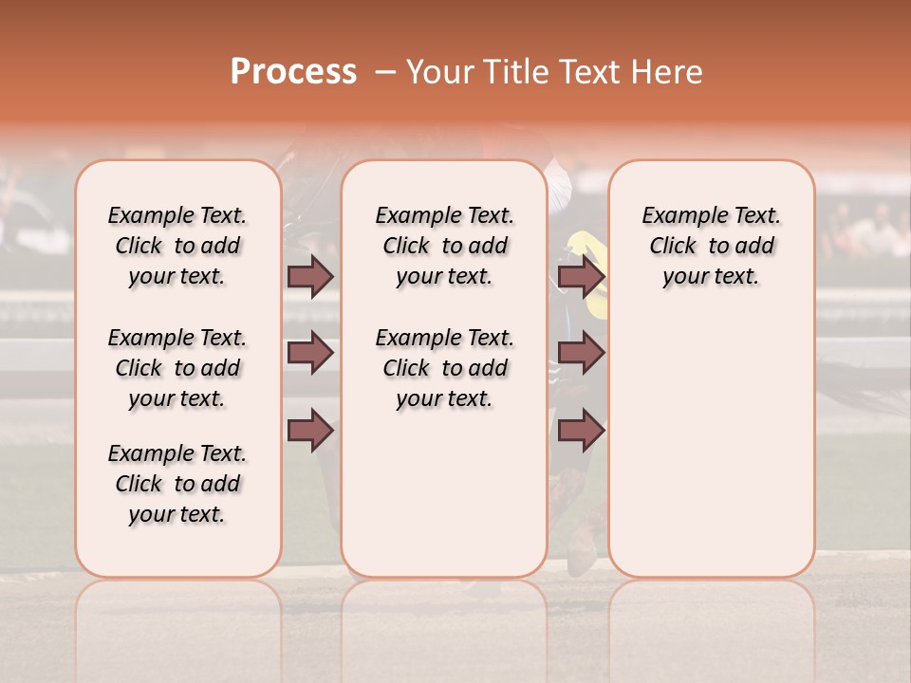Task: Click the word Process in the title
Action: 292,72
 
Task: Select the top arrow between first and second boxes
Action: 310,277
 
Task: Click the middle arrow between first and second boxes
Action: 310,354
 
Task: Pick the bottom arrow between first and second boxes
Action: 310,431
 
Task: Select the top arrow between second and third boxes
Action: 581,277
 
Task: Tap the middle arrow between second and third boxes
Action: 581,354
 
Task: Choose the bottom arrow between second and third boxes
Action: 581,431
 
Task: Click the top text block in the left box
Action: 177,246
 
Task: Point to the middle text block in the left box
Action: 177,368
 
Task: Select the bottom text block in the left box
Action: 177,484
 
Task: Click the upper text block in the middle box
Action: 444,246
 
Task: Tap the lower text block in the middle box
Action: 444,368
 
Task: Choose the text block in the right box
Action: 712,246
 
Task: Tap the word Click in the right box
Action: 673,247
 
